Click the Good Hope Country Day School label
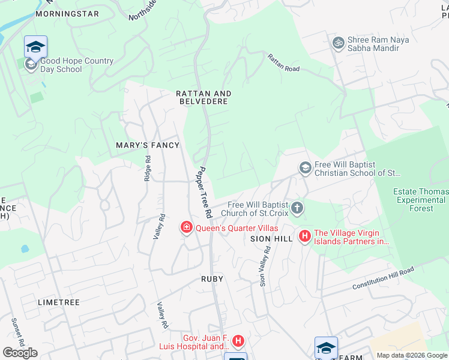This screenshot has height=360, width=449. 77,65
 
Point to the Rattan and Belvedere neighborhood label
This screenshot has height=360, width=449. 203,97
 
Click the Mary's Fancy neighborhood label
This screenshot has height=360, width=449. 148,145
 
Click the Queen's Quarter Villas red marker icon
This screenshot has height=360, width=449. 187,227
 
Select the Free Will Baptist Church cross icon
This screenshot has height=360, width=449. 297,209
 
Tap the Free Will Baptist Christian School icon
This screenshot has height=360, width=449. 305,168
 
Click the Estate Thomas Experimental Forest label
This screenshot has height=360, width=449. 421,200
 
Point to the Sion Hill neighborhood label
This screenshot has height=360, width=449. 271,239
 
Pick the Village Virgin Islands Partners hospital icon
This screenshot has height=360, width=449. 304,236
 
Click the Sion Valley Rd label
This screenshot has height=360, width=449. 264,266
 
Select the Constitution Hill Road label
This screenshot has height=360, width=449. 383,278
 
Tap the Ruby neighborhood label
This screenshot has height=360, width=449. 212,279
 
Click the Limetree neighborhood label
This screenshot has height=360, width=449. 59,302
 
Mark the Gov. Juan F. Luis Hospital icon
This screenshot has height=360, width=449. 238,342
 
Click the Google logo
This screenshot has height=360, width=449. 20,352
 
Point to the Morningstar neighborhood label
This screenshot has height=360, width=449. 67,13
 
